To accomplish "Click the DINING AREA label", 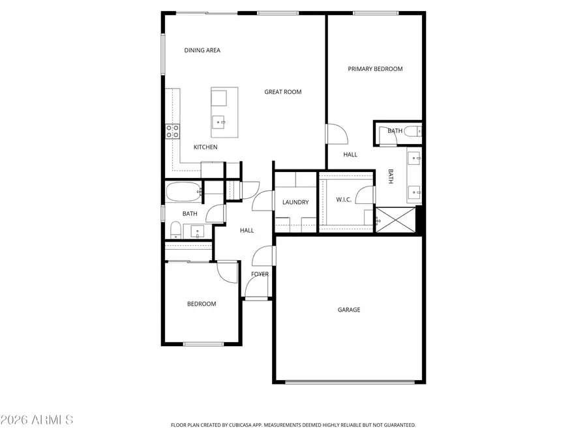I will (202, 50).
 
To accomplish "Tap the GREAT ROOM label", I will (282, 92).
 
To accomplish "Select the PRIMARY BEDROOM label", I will (375, 69).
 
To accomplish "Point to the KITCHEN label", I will (205, 147).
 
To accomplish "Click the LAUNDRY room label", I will (295, 202).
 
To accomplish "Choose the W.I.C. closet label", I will (344, 199).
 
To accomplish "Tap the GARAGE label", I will (349, 310).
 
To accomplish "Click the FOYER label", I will (260, 274).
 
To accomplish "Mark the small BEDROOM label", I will (202, 304).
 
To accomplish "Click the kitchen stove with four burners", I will (173, 131).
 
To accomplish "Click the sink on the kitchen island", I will (220, 121).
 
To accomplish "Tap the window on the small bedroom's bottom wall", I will (203, 344).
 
